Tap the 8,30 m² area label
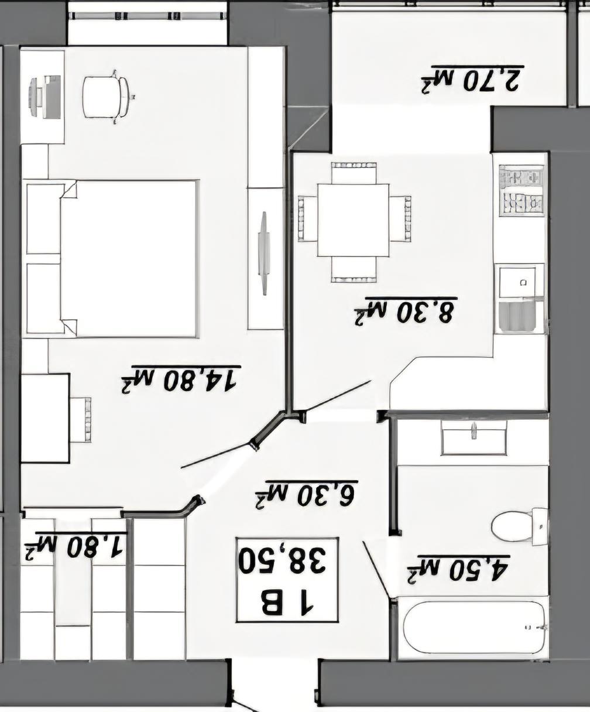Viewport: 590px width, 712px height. [x=406, y=311]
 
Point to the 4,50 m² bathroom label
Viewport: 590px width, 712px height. [x=458, y=570]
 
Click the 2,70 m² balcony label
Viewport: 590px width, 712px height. [x=472, y=79]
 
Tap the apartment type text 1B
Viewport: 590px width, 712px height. [x=287, y=603]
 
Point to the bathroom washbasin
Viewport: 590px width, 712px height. [x=474, y=437]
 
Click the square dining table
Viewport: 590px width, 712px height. [x=353, y=220]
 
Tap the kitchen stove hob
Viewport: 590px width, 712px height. [x=521, y=191]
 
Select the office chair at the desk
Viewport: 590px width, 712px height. [x=107, y=97]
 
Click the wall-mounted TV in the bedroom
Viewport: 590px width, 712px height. [x=264, y=254]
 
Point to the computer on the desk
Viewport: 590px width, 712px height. [x=46, y=97]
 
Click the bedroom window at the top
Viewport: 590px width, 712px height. [x=147, y=16]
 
